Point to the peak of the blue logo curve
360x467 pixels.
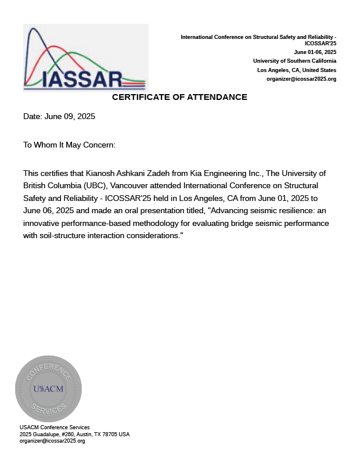coord(33,29)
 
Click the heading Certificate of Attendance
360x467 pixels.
coord(179,97)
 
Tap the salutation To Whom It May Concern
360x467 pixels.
coord(69,145)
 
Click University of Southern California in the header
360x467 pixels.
coord(294,61)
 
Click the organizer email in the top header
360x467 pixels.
coord(301,78)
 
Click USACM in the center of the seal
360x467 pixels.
coord(48,389)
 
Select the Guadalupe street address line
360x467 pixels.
coord(74,434)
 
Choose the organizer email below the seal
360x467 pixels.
coord(52,441)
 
